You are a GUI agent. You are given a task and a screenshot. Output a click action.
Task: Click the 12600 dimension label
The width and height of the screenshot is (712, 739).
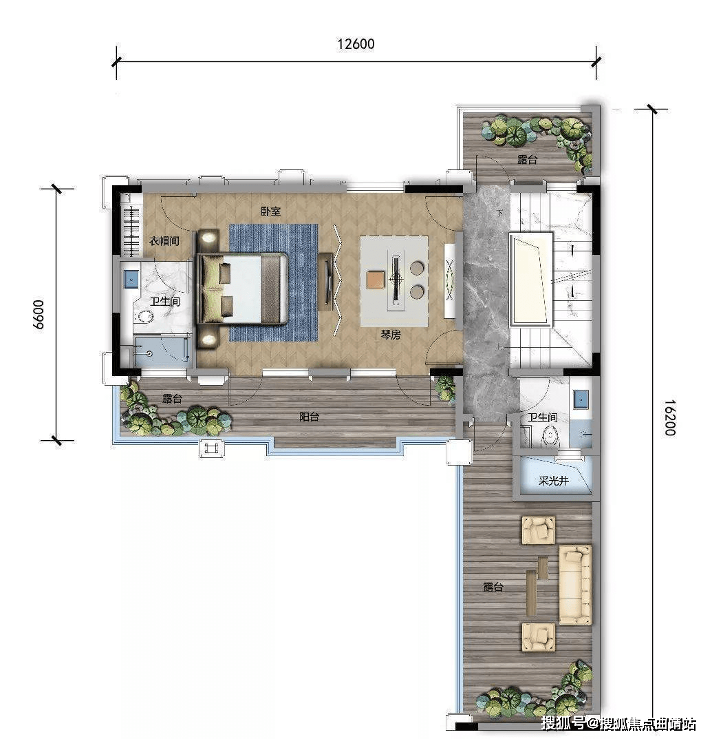[356, 44]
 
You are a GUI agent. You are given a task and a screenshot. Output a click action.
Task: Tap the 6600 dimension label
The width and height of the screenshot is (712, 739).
[39, 314]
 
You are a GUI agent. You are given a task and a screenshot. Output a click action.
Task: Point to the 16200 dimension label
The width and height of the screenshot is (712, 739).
[670, 417]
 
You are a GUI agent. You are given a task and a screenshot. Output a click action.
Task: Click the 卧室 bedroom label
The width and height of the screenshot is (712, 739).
[271, 211]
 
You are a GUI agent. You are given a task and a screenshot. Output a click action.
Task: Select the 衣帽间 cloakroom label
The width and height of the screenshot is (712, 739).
[164, 241]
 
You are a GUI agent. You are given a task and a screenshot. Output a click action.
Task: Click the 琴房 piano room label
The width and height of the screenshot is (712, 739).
[391, 335]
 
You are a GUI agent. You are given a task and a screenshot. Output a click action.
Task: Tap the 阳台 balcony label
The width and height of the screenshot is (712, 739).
[310, 417]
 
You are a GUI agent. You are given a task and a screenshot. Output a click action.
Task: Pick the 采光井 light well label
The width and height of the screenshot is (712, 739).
[554, 481]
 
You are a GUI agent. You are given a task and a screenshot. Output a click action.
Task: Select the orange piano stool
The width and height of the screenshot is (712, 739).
[376, 279]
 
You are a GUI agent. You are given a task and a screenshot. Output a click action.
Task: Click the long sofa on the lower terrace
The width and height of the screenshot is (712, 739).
[575, 585]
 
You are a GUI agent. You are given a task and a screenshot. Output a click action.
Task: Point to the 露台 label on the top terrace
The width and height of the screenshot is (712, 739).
[528, 159]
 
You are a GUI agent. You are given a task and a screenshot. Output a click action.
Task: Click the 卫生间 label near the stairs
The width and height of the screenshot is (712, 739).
[543, 417]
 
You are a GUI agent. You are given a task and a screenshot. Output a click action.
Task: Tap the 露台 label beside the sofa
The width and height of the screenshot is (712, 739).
[493, 587]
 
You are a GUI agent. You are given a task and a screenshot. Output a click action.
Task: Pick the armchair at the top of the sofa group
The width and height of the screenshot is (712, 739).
[539, 530]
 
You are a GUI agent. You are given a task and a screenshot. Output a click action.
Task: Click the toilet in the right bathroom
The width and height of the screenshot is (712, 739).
[549, 437]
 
